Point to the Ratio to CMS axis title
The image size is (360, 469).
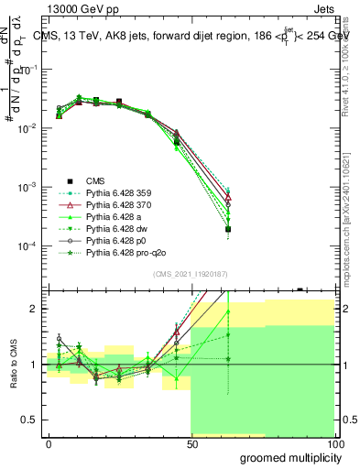(12, 364)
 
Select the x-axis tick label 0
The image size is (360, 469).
(49, 443)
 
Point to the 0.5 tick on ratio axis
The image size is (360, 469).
(35, 420)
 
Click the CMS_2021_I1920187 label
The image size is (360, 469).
(189, 272)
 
